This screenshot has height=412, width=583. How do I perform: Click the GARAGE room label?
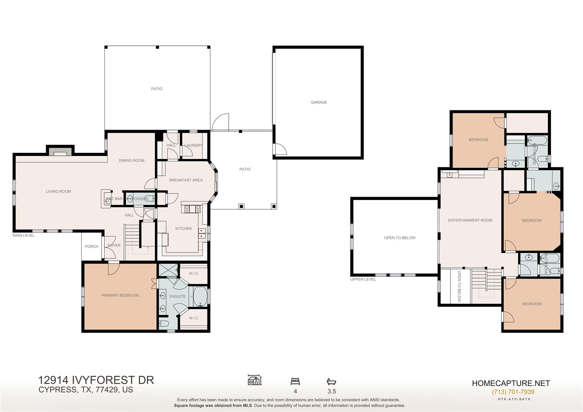(319, 102)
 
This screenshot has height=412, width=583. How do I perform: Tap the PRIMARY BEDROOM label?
(120, 295)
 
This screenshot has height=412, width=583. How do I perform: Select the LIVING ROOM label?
(58, 191)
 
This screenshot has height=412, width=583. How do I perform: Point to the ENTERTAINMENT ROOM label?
(470, 220)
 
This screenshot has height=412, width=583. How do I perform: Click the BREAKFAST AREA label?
(186, 180)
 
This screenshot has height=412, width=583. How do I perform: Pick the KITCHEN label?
(183, 228)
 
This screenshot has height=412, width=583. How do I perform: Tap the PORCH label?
(91, 246)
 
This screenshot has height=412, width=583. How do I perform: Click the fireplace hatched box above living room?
(60, 151)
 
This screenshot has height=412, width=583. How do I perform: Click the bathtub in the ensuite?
(200, 296)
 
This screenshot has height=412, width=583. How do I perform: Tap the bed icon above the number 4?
(295, 381)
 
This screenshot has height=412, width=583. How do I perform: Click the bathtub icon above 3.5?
(331, 382)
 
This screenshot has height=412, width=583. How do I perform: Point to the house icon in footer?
(254, 380)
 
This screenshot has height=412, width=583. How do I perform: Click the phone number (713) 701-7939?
(513, 392)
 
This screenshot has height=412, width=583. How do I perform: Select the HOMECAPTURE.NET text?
(511, 383)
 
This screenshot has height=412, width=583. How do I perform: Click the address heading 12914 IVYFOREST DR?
(96, 380)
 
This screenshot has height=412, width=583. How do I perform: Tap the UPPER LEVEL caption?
(363, 279)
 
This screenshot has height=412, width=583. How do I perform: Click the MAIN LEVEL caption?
(24, 235)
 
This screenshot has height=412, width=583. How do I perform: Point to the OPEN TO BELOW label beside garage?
(399, 238)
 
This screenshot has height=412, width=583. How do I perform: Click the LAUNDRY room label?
(193, 145)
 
